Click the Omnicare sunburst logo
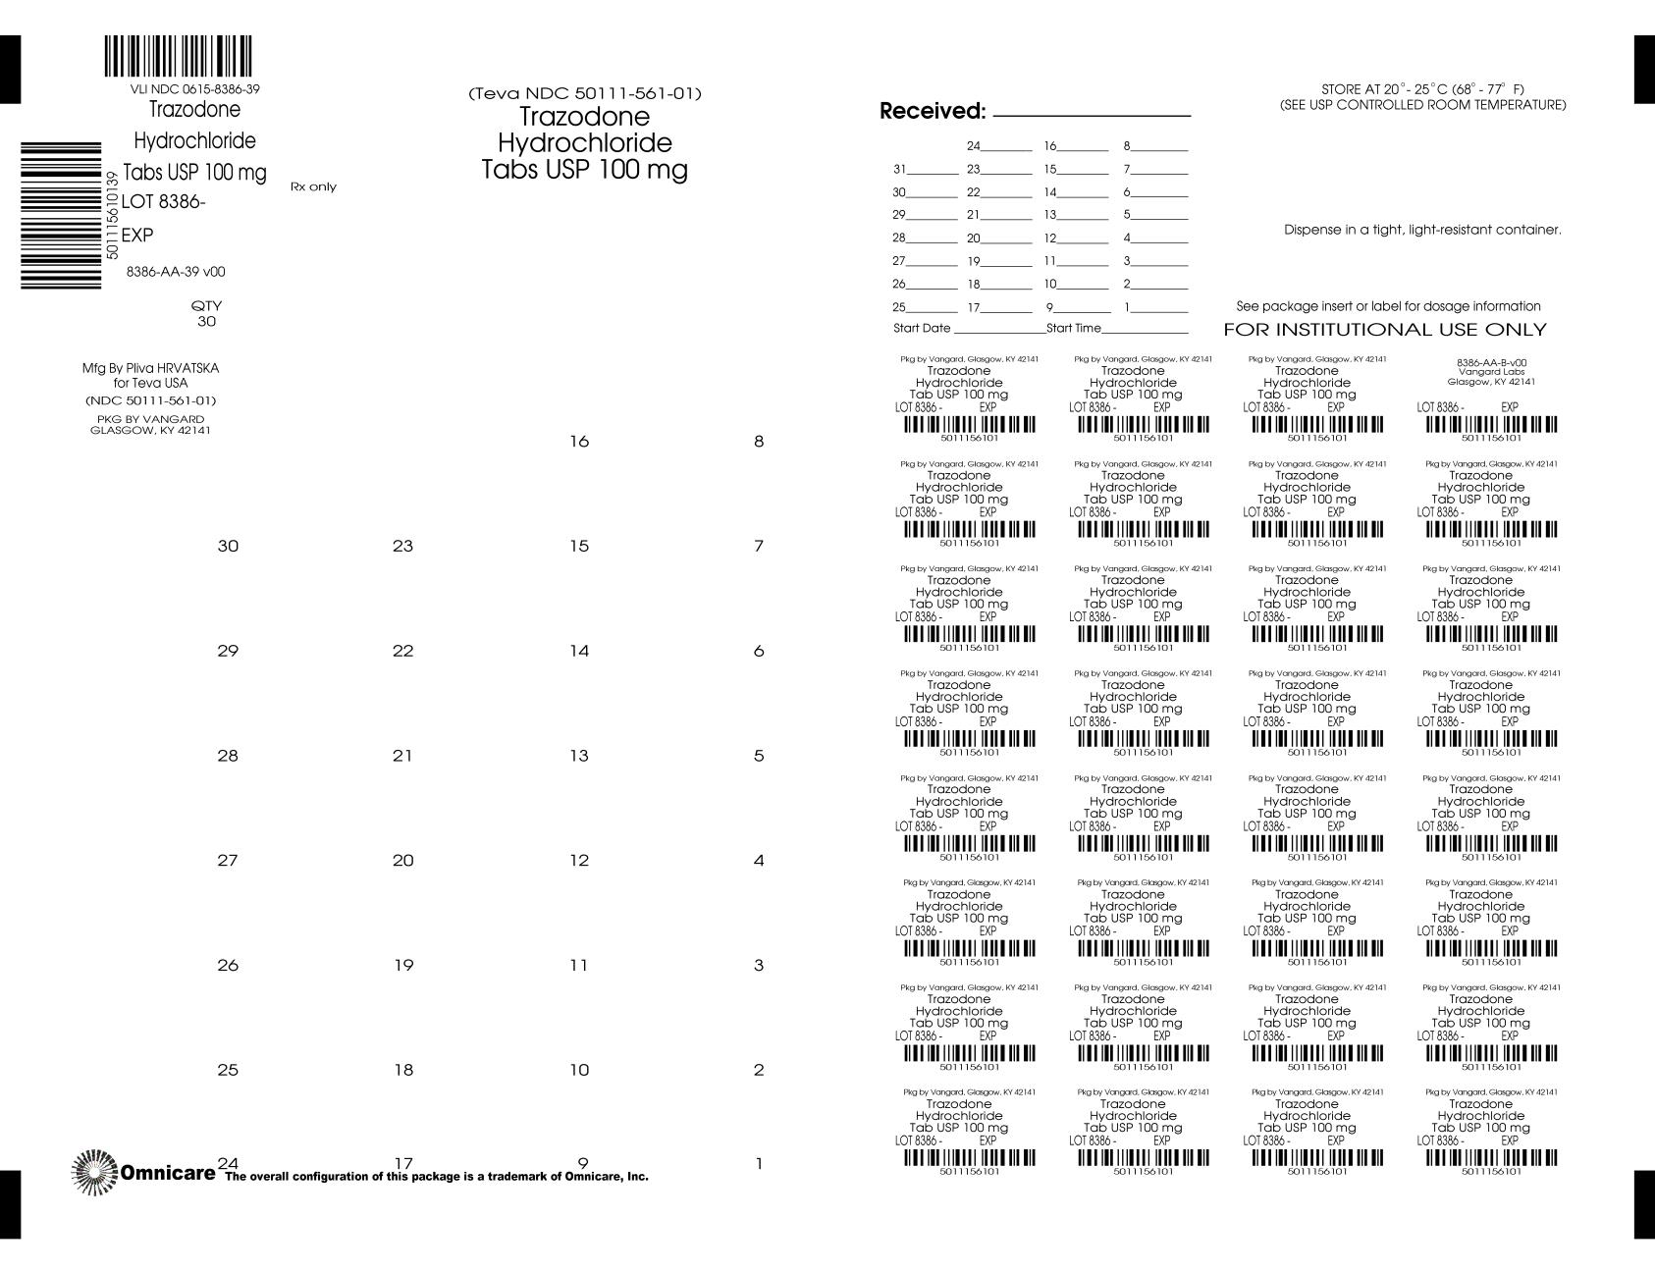pyautogui.click(x=94, y=1172)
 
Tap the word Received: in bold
pyautogui.click(x=932, y=112)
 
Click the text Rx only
pyautogui.click(x=313, y=186)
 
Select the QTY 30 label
pyautogui.click(x=206, y=313)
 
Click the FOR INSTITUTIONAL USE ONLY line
pyautogui.click(x=1384, y=330)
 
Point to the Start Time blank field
pyautogui.click(x=1145, y=329)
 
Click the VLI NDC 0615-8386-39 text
pyautogui.click(x=187, y=89)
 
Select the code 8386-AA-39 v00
pyautogui.click(x=176, y=272)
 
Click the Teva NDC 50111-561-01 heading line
pyautogui.click(x=585, y=94)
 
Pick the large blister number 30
pyautogui.click(x=228, y=546)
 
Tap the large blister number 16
pyautogui.click(x=579, y=442)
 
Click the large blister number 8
pyautogui.click(x=758, y=442)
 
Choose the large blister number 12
pyautogui.click(x=579, y=861)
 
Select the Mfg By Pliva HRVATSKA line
pyautogui.click(x=150, y=368)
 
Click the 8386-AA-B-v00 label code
pyautogui.click(x=1491, y=362)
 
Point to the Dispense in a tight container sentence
pyautogui.click(x=1422, y=230)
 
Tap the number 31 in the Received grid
pyautogui.click(x=899, y=169)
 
